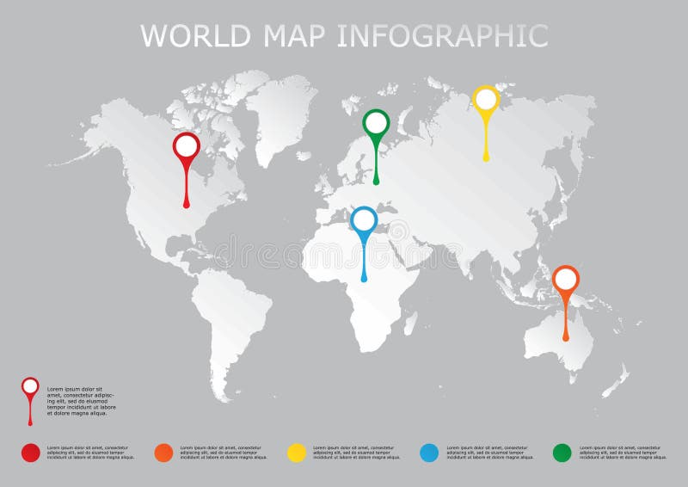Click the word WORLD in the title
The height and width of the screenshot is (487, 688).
point(194,35)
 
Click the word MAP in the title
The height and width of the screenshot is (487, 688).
point(292,35)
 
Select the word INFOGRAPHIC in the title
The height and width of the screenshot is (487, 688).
point(442,35)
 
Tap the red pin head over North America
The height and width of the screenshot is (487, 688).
point(187,145)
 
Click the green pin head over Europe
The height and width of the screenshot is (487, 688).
point(376,122)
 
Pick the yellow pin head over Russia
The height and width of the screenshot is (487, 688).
point(486,99)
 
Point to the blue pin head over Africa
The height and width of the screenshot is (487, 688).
point(364,220)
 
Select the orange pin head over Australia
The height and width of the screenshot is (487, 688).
point(566,279)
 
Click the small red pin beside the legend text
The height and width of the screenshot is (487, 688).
point(30,387)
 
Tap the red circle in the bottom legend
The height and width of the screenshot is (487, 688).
point(30,453)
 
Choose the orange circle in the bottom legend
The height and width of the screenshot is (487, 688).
point(163,453)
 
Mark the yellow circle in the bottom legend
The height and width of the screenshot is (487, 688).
point(297,453)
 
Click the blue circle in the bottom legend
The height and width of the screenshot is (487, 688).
point(429,453)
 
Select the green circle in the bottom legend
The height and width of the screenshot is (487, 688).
point(562,453)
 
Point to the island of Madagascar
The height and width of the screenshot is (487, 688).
point(411,323)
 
